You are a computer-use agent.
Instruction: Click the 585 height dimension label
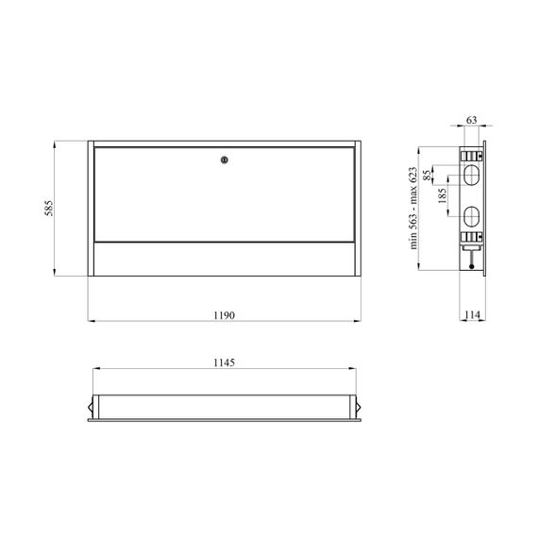[49, 209]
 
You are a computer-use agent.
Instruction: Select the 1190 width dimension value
[224, 315]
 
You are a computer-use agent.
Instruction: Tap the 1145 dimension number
[224, 362]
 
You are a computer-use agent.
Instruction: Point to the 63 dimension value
[472, 120]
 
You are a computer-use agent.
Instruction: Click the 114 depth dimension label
[473, 314]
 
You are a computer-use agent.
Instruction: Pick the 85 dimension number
[427, 175]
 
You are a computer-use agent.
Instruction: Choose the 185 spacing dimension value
[443, 195]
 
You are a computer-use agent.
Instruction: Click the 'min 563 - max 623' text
[413, 209]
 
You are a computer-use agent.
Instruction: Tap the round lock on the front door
[225, 160]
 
